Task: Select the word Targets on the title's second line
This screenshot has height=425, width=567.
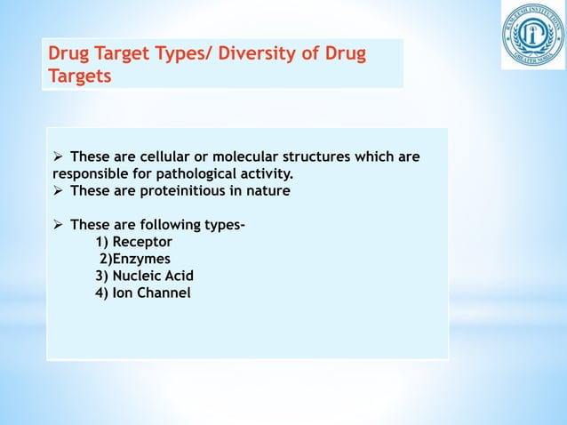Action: coord(80,76)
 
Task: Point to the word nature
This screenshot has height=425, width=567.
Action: coord(268,190)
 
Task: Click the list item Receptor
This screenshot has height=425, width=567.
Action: coord(142,242)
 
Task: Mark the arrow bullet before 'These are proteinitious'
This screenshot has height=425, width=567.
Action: coord(59,190)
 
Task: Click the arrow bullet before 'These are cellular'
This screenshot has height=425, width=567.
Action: coord(59,157)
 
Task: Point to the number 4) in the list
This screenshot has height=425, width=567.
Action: coord(101,293)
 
